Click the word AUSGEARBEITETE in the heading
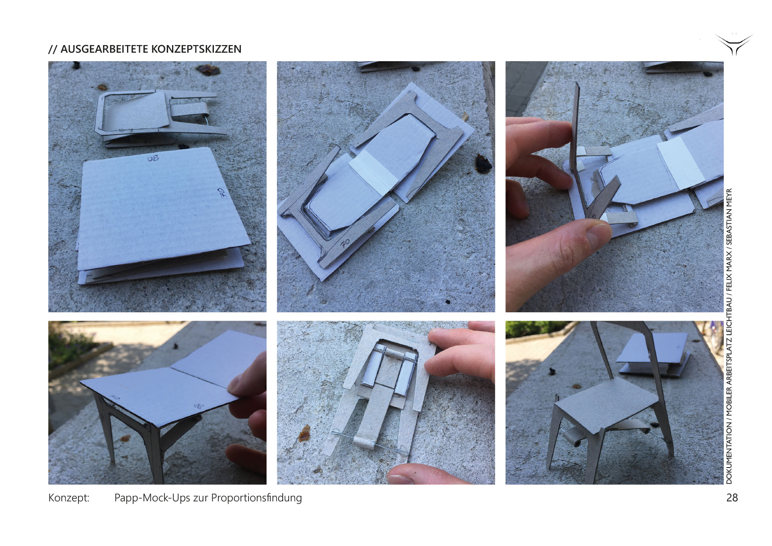click(103, 49)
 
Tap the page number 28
click(732, 498)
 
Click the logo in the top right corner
click(734, 45)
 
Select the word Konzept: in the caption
click(69, 498)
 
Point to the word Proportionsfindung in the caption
click(257, 498)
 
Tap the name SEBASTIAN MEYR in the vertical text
click(729, 217)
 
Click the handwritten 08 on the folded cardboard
click(153, 159)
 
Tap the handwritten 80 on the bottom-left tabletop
click(199, 406)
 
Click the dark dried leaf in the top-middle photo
click(483, 163)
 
